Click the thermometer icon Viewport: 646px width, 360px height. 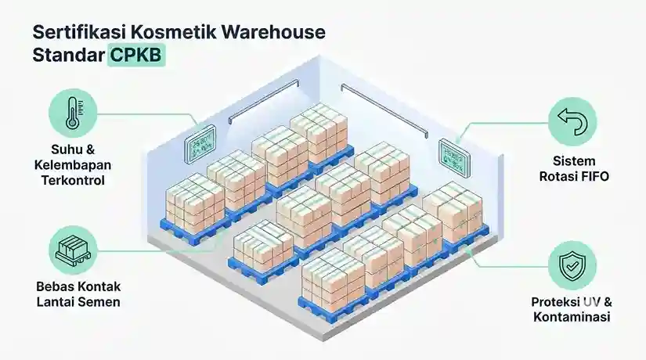point(73,113)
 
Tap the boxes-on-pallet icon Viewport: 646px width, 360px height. point(73,250)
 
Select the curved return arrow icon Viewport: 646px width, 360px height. point(572,121)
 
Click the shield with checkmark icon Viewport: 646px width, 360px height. point(572,265)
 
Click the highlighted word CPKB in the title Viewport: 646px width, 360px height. point(136,55)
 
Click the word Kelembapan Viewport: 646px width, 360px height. point(73,165)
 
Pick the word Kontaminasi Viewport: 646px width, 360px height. point(572,317)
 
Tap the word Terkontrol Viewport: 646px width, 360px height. point(73,181)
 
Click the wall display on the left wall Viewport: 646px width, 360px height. point(200,144)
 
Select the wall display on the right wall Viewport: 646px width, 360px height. point(454,158)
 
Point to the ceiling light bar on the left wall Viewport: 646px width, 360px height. point(264,101)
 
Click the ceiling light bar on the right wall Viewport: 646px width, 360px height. point(384,111)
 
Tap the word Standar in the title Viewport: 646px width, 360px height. point(68,56)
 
